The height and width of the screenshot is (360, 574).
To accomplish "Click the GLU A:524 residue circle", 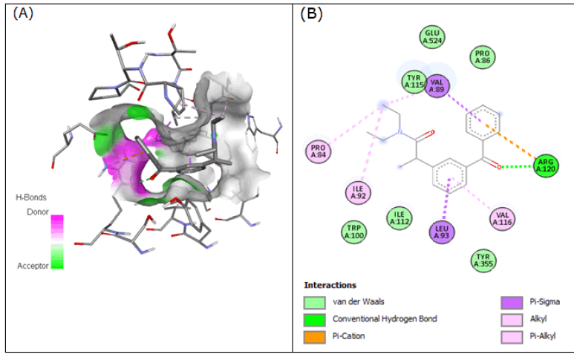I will tap(431, 36).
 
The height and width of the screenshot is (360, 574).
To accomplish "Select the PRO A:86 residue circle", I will tap(483, 57).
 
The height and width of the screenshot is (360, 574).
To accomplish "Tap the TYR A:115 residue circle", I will tap(414, 82).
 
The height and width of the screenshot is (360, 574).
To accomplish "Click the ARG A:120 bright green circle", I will tap(546, 166).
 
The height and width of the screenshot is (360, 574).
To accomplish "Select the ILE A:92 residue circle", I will tap(358, 193).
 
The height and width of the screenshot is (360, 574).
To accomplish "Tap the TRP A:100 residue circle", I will tap(353, 231).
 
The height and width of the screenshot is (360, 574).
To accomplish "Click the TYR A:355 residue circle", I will tap(484, 259).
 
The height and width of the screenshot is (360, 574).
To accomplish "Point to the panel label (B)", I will tap(311, 13).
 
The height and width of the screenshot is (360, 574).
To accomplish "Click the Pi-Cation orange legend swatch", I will tap(314, 336).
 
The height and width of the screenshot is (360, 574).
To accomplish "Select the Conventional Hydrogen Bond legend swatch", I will tap(314, 319).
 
